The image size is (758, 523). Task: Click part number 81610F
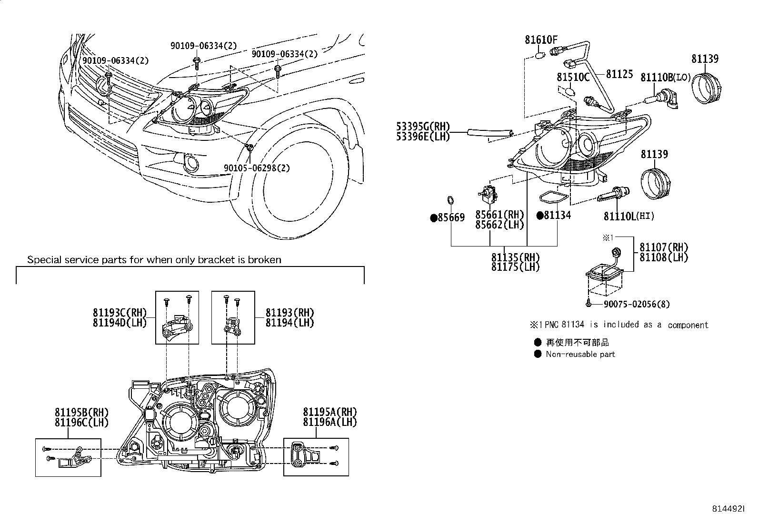[x=541, y=39]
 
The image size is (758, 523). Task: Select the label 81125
[x=619, y=74]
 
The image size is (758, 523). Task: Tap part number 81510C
[x=573, y=77]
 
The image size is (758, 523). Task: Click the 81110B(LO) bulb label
[x=665, y=77]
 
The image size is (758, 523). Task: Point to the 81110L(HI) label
[x=628, y=216]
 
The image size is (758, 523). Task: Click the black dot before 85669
[x=433, y=218]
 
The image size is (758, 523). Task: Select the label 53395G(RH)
[x=423, y=127]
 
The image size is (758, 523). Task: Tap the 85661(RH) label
[x=499, y=215]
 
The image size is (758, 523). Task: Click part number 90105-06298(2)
[x=257, y=168]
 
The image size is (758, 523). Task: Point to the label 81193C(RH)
[x=120, y=313]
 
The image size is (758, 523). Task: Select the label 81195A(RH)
[x=329, y=412]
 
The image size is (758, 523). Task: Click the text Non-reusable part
[x=580, y=354]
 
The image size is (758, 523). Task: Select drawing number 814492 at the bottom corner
[x=727, y=509]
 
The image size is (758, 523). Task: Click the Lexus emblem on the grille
[x=103, y=85]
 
